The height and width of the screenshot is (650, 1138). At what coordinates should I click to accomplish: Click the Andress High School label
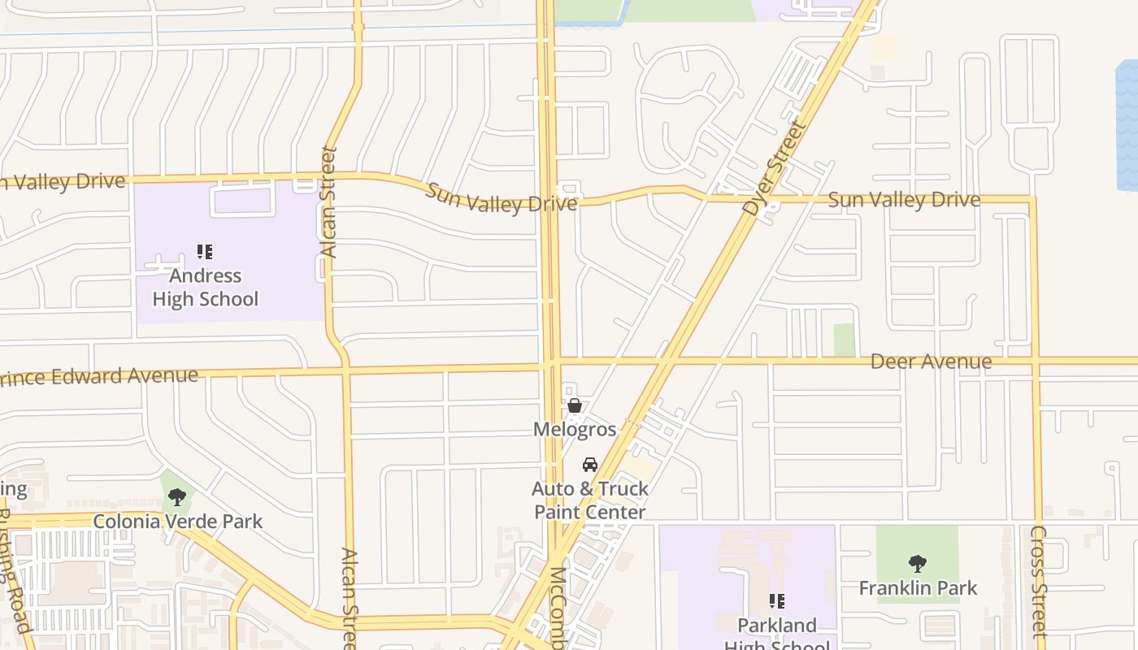click(x=205, y=288)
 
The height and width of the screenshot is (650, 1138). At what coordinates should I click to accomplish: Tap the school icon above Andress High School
click(x=205, y=252)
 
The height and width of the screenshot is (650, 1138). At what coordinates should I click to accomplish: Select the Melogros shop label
click(x=575, y=429)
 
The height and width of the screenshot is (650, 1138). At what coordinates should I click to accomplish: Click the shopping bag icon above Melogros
click(x=575, y=405)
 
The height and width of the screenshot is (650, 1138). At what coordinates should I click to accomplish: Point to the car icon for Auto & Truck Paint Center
click(x=590, y=465)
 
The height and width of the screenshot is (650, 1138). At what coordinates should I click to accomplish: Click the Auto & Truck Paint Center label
click(x=590, y=500)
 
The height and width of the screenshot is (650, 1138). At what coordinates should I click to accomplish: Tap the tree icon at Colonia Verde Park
click(x=177, y=497)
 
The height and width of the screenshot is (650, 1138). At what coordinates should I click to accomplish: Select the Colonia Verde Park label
click(x=178, y=521)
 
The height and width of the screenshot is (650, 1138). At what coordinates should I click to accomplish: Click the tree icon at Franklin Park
click(x=918, y=563)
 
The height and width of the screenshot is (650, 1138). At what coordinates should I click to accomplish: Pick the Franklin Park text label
click(x=918, y=587)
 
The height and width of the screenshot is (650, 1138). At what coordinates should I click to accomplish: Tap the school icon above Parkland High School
click(x=776, y=601)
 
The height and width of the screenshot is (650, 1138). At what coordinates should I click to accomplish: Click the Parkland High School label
click(x=776, y=632)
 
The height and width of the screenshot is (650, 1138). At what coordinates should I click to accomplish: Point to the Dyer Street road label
click(x=775, y=169)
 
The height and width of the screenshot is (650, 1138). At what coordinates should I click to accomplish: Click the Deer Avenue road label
click(x=931, y=362)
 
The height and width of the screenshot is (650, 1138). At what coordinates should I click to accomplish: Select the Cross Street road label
click(x=1039, y=581)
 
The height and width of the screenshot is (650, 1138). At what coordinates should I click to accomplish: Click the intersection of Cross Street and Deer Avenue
click(x=1036, y=360)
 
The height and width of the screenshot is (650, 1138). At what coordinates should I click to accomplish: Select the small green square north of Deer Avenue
click(x=845, y=340)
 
